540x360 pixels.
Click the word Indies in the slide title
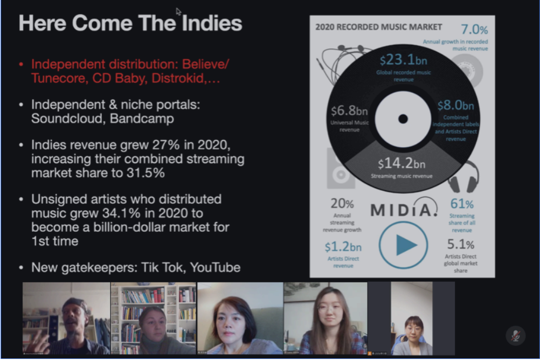pyautogui.click(x=212, y=23)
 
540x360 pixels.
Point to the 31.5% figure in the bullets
pyautogui.click(x=146, y=172)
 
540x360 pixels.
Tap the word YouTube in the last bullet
pyautogui.click(x=215, y=267)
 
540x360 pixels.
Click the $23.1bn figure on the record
pyautogui.click(x=403, y=60)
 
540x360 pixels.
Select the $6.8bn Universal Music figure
pyautogui.click(x=349, y=110)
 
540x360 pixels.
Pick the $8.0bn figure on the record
pyautogui.click(x=455, y=105)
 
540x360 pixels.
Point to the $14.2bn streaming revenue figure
pyautogui.click(x=401, y=163)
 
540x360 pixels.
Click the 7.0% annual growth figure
pyautogui.click(x=474, y=29)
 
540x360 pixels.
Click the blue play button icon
pyautogui.click(x=403, y=245)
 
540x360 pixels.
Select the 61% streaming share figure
pyautogui.click(x=462, y=204)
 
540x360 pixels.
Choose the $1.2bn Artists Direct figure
pyautogui.click(x=343, y=247)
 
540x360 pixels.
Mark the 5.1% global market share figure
pyautogui.click(x=460, y=244)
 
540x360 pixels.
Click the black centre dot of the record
pyautogui.click(x=403, y=119)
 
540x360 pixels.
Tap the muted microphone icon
pyautogui.click(x=515, y=336)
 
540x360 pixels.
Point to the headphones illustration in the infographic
pyautogui.click(x=463, y=176)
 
